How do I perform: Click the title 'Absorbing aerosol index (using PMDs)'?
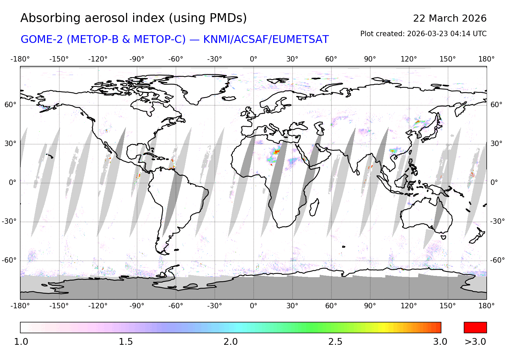click(x=134, y=18)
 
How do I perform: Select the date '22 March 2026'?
click(x=450, y=19)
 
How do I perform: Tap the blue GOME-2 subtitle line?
click(x=174, y=40)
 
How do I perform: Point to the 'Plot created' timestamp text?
click(x=423, y=34)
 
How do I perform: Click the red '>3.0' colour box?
click(x=475, y=328)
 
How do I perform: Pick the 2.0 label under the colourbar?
click(x=231, y=342)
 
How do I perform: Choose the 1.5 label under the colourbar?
click(x=126, y=342)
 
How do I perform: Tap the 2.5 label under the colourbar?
click(x=335, y=342)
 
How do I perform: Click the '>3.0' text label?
click(x=475, y=342)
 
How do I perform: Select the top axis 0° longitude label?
click(x=254, y=59)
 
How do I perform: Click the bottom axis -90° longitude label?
click(x=137, y=306)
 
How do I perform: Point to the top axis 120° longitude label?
click(x=409, y=59)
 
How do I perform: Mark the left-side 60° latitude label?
click(x=10, y=105)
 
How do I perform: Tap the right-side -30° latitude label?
click(x=498, y=221)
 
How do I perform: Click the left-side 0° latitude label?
click(x=13, y=183)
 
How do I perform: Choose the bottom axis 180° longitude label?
click(x=486, y=306)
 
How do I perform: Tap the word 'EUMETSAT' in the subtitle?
click(x=300, y=40)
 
